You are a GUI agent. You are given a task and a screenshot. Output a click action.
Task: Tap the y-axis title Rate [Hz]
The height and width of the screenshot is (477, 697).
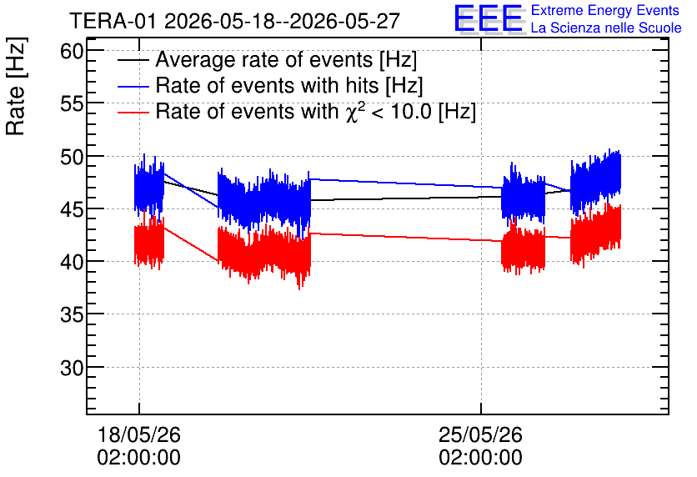(x=16, y=86)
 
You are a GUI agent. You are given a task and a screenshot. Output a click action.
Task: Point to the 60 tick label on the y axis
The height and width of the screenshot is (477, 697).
(x=72, y=52)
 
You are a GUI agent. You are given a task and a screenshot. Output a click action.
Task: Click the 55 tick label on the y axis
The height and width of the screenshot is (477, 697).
(x=72, y=104)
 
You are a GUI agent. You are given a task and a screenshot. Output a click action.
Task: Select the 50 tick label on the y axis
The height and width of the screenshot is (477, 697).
(x=72, y=157)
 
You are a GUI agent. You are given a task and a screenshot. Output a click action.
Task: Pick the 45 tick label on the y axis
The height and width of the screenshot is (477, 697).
(x=72, y=209)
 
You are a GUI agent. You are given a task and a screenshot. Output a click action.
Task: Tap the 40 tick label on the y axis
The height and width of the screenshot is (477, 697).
(x=72, y=262)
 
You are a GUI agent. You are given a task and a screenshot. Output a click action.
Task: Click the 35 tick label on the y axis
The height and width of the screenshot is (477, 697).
(x=72, y=314)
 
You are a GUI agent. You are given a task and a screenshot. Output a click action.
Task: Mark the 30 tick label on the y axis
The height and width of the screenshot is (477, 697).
(x=72, y=368)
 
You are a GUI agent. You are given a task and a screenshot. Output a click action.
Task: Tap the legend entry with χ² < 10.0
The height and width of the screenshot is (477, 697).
(x=316, y=111)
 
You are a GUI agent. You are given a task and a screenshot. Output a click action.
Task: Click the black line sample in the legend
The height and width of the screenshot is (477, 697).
(x=133, y=60)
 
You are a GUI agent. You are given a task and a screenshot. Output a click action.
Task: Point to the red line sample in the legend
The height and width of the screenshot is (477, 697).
(x=133, y=112)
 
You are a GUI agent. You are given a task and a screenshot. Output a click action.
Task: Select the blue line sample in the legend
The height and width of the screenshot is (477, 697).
(x=133, y=86)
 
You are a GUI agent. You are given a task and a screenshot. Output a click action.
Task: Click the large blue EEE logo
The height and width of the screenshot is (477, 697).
(x=489, y=18)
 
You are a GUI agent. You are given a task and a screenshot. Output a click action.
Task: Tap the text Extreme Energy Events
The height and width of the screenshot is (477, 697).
(x=605, y=10)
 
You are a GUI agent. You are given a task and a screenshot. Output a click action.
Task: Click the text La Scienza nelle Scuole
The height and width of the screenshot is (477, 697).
(x=606, y=28)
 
